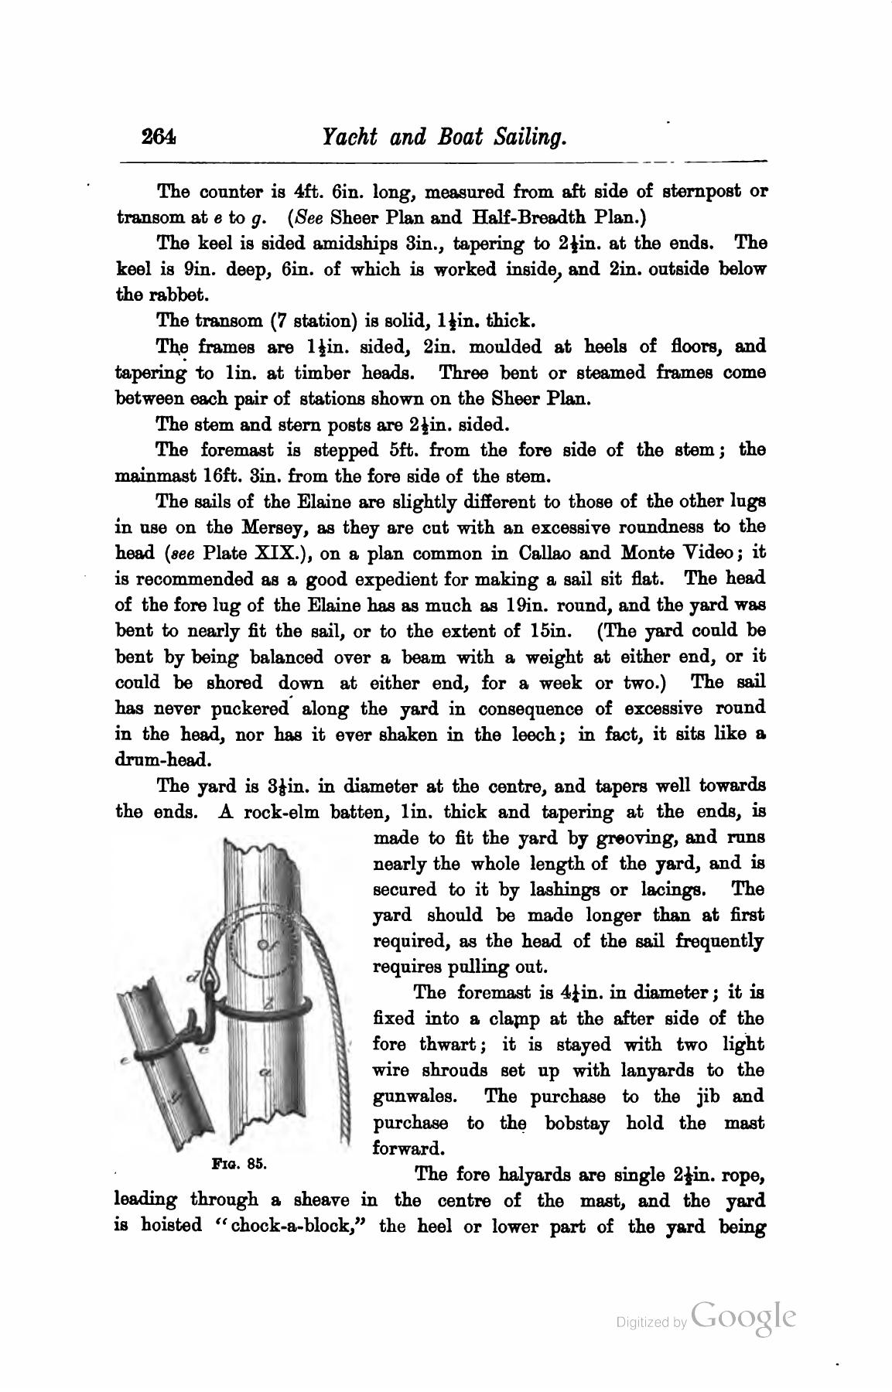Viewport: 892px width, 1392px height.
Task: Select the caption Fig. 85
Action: (x=239, y=1162)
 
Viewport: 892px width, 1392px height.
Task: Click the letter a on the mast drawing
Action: (x=265, y=1073)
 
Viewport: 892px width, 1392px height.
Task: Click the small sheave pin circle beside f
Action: (x=261, y=945)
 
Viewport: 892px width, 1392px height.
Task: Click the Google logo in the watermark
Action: (x=743, y=1317)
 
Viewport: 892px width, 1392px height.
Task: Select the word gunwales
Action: (x=415, y=1097)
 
